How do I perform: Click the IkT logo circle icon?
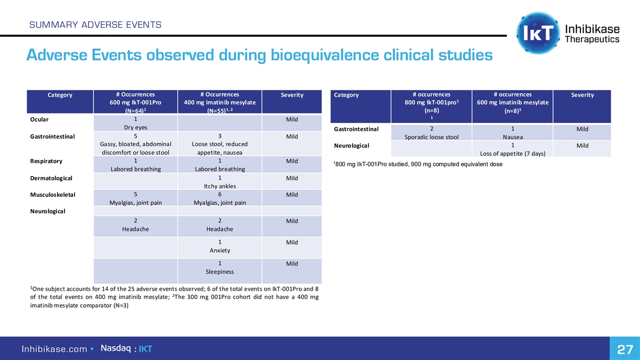click(x=538, y=33)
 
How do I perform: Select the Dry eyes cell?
click(x=135, y=127)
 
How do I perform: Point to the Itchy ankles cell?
click(x=220, y=186)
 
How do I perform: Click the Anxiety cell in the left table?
click(x=220, y=250)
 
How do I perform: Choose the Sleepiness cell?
click(x=220, y=271)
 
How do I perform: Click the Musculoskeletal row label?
click(x=53, y=195)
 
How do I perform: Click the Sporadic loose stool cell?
click(x=431, y=137)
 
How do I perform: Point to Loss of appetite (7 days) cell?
click(x=512, y=154)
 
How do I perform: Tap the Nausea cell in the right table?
click(x=512, y=137)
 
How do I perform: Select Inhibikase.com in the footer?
click(x=54, y=349)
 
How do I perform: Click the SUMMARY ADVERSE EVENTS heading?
click(x=94, y=25)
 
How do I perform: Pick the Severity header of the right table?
click(x=582, y=95)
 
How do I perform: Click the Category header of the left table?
click(x=60, y=95)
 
